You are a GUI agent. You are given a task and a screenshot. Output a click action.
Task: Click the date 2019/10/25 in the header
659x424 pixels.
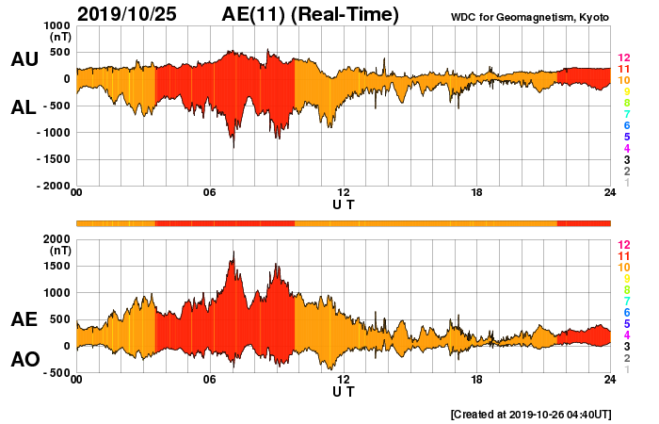[x=130, y=14]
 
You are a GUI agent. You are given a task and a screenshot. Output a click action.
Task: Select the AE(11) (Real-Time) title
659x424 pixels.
[x=310, y=14]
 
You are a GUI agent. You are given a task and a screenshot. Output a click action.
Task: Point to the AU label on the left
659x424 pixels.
[x=24, y=59]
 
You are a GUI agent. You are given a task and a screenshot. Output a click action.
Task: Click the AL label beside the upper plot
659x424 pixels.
[x=24, y=107]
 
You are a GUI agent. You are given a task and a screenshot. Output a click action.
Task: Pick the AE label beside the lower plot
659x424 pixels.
[x=24, y=319]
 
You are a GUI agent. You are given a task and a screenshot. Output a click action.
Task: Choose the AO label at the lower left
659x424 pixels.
[x=24, y=360]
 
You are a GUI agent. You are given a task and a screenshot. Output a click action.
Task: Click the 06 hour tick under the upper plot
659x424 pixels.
[x=210, y=193]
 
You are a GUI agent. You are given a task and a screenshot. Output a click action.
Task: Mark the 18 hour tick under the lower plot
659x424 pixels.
[x=477, y=380]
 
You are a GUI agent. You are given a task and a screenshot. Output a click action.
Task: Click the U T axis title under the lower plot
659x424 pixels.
[x=344, y=390]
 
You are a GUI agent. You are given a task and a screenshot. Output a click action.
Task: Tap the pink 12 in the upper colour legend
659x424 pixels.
[x=623, y=58]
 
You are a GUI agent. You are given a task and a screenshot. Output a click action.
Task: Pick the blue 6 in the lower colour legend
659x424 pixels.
[x=626, y=312]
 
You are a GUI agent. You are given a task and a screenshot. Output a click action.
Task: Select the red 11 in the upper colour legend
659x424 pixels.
[x=623, y=70]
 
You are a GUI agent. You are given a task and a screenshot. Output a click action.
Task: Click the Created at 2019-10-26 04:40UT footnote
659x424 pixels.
[x=531, y=414]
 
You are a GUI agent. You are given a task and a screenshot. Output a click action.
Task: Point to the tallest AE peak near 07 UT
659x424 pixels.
[x=233, y=253]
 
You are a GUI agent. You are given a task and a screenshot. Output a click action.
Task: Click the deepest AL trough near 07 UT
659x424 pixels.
[x=233, y=147]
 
